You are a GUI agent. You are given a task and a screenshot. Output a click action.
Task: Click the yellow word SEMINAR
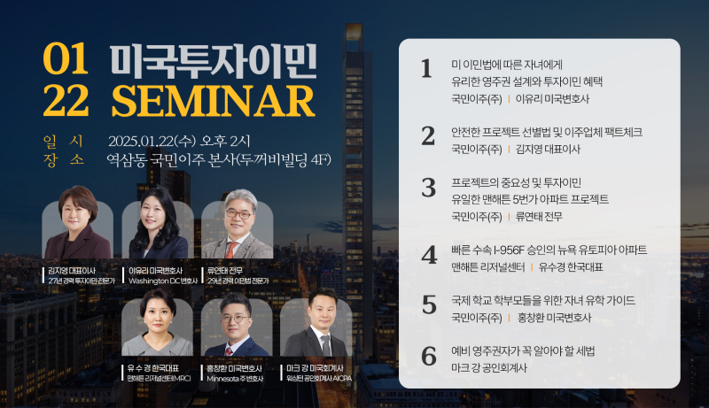click(213, 101)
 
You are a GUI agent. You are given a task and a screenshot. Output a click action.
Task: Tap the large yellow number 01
click(66, 59)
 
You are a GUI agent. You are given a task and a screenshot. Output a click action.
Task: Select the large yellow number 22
click(66, 101)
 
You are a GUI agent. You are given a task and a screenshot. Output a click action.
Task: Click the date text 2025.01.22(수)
click(152, 142)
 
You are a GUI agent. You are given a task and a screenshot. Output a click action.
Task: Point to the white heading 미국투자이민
click(213, 61)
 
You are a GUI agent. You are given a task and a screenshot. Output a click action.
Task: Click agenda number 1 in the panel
click(426, 69)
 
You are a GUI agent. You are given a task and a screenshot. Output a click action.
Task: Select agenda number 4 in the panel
click(429, 256)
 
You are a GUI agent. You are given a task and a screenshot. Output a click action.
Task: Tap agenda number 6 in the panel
click(429, 356)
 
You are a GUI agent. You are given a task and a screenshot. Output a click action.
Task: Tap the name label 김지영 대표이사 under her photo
click(72, 271)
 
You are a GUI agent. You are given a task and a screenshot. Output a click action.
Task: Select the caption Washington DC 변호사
click(163, 281)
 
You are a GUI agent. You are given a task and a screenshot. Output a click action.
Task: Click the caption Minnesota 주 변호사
click(235, 379)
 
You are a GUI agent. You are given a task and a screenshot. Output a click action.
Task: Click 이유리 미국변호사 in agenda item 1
click(552, 99)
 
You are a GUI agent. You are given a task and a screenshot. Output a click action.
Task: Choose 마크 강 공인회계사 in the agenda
click(489, 368)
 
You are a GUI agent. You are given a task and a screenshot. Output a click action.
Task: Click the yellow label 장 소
click(64, 159)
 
